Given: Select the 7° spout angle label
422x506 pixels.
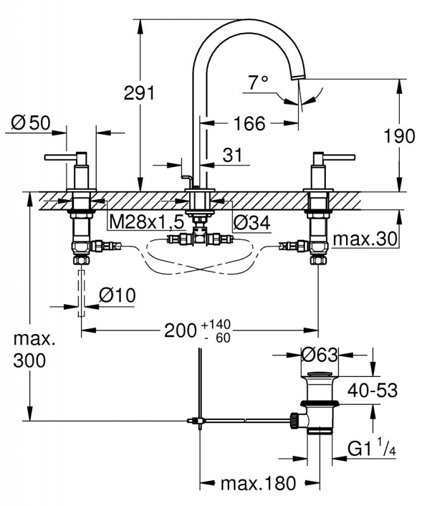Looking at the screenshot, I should [258, 82].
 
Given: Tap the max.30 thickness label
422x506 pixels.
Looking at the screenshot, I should [366, 239].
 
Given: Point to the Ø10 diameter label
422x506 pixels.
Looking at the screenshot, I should [118, 295].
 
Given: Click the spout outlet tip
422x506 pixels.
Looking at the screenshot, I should [297, 78].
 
